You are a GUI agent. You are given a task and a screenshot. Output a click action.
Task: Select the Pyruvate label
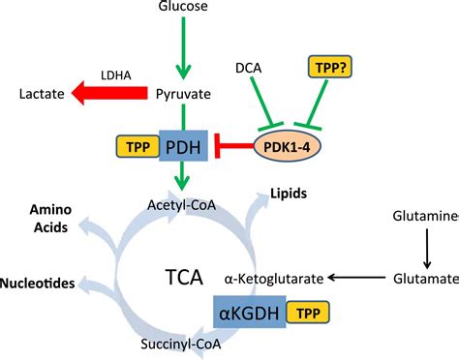(x=184, y=94)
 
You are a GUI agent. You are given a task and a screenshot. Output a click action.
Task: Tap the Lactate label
(x=43, y=94)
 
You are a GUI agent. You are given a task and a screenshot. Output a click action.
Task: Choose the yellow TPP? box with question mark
(x=330, y=68)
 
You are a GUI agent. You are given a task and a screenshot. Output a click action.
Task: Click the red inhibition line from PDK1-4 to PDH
(x=232, y=147)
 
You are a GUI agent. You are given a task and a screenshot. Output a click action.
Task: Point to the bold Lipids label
(x=289, y=194)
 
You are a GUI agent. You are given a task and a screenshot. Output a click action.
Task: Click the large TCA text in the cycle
(x=185, y=278)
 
